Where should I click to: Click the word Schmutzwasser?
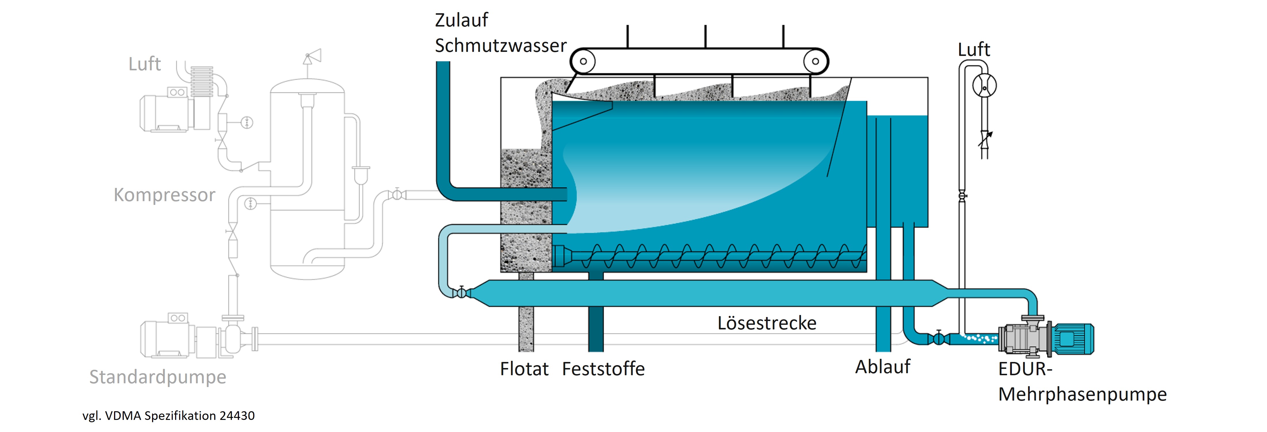point(500,46)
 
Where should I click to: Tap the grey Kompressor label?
point(164,195)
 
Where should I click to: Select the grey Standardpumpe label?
point(158,377)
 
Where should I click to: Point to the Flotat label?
point(524,369)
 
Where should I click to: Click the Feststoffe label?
point(603,369)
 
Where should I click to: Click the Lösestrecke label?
point(766,323)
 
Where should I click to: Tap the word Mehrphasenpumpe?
point(1082,395)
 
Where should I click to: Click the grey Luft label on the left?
point(144,64)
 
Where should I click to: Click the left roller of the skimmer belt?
point(583,61)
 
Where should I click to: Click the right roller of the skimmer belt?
point(815,61)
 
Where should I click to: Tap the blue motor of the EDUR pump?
point(1072,339)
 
